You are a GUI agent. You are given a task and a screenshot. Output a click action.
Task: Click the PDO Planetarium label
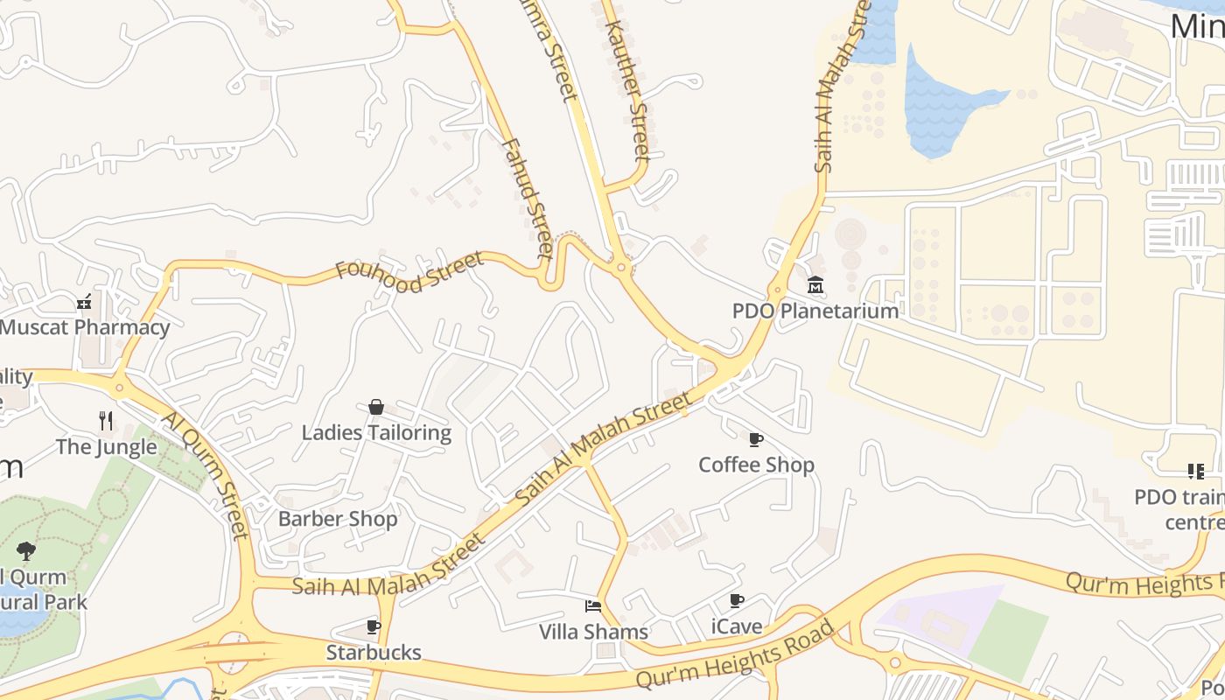click(815, 311)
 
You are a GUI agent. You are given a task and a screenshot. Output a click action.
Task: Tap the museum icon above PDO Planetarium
click(815, 284)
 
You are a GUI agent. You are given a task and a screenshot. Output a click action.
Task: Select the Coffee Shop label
click(756, 465)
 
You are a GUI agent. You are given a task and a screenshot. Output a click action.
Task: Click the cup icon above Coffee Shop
click(756, 439)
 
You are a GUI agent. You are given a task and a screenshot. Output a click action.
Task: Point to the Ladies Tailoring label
click(376, 432)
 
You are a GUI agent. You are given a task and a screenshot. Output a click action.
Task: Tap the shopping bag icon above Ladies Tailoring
click(376, 407)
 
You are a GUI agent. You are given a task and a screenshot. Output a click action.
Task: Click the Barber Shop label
click(338, 519)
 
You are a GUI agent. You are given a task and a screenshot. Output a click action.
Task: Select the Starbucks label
click(374, 652)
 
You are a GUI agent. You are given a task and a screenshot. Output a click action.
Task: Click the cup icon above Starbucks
click(374, 626)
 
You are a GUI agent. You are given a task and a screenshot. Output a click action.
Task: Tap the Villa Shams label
click(593, 632)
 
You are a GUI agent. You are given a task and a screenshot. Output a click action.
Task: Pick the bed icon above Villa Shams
click(593, 606)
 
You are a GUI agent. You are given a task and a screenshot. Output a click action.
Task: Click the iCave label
click(737, 626)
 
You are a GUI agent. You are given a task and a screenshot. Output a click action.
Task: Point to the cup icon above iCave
click(737, 601)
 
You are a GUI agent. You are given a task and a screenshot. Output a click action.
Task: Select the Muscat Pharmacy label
click(85, 328)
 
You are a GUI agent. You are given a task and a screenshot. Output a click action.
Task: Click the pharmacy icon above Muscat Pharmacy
click(84, 303)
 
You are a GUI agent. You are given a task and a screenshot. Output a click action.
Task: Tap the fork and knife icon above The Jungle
click(106, 421)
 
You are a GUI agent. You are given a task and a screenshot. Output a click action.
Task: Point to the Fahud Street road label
click(528, 199)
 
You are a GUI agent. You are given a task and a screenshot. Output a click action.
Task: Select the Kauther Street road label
click(628, 90)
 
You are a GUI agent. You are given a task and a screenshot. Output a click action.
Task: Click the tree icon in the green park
click(26, 551)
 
